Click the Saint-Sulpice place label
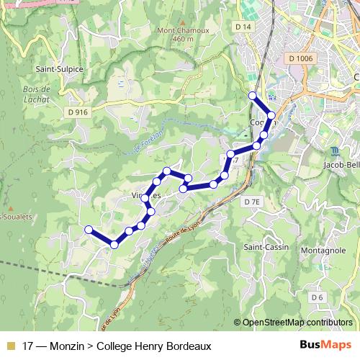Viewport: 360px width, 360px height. coord(60,69)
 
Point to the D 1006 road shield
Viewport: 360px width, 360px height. coord(299,58)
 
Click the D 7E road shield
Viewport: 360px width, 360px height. coord(251,202)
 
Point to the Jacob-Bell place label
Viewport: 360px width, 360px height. coord(342,165)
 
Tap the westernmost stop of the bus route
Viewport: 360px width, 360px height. coord(89,230)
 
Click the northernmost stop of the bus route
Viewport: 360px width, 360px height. coord(252,96)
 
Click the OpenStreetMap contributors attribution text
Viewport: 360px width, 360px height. coord(297,323)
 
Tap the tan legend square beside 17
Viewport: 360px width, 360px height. coord(10,346)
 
